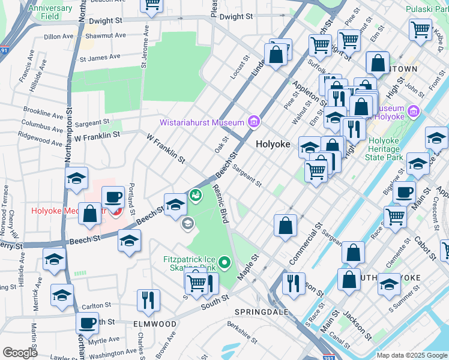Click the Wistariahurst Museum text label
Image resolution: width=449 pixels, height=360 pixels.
202,122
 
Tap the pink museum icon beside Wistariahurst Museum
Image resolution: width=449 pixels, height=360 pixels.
253,122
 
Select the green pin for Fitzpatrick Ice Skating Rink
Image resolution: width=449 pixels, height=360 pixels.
224,262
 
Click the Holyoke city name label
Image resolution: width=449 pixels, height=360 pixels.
273,145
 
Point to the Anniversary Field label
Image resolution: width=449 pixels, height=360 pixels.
50,12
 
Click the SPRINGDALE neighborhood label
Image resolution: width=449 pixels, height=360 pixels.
261,313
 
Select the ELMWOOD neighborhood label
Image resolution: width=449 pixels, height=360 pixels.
155,324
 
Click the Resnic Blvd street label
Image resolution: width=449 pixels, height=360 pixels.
221,205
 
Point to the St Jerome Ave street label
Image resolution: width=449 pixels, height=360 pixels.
143,45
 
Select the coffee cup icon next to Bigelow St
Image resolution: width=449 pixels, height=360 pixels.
405,191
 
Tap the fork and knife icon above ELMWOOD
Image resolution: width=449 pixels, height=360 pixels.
148,299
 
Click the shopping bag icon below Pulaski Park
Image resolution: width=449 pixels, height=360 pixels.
378,63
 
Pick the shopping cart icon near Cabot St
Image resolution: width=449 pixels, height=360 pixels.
395,216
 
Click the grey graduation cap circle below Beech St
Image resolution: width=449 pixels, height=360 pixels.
187,224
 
